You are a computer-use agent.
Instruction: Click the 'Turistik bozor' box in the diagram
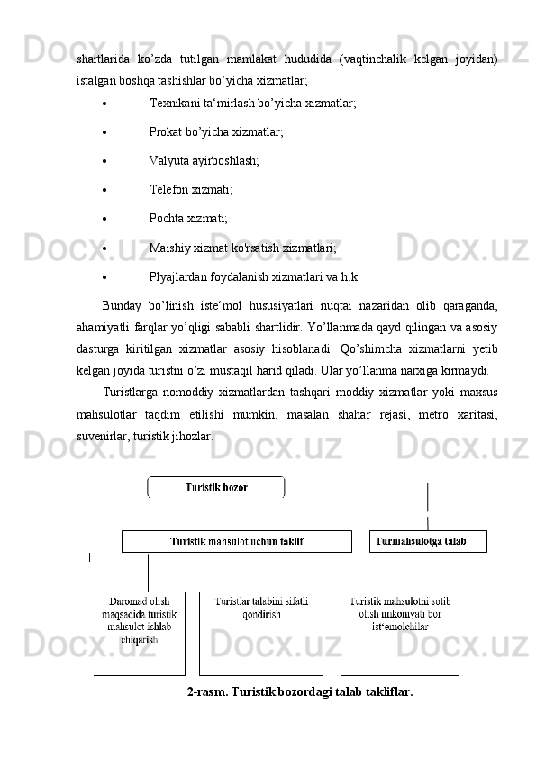[216, 487]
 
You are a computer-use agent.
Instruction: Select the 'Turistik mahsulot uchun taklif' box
[236, 541]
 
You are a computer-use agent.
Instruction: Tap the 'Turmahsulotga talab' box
[427, 541]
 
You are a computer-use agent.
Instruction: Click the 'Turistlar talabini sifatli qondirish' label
[261, 607]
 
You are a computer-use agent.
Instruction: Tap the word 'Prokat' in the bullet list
[166, 132]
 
